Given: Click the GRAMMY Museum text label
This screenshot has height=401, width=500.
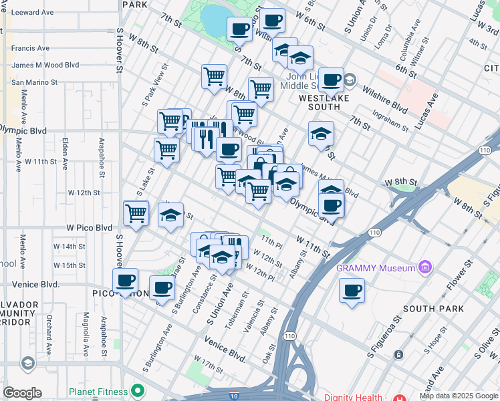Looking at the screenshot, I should click(x=376, y=268).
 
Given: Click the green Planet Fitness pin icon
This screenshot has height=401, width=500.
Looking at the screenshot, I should click(x=138, y=390).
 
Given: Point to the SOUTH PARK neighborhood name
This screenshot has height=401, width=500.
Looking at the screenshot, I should click(x=433, y=309).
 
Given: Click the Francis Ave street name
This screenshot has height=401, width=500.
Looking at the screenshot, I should click(x=30, y=48).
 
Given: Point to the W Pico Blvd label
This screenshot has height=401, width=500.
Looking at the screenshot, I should click(x=89, y=228).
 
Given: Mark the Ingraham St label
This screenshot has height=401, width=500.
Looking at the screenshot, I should click(x=391, y=124).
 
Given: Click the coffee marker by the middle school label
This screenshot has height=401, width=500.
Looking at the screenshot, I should click(x=331, y=80).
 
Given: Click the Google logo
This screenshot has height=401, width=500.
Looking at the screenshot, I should click(x=21, y=393).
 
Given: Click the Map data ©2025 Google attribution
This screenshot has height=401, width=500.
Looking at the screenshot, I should click(x=459, y=396).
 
